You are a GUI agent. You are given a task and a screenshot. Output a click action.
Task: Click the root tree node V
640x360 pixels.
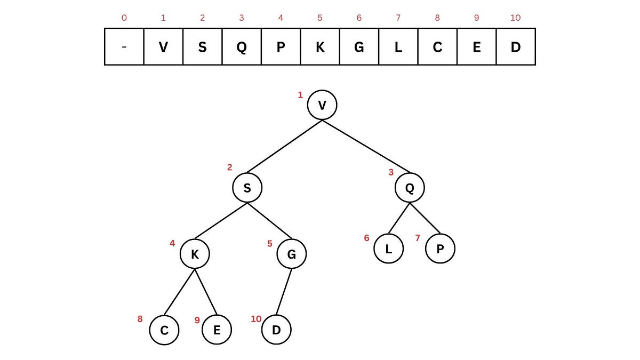pyautogui.click(x=322, y=105)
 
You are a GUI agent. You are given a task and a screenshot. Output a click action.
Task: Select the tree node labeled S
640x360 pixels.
pyautogui.click(x=247, y=188)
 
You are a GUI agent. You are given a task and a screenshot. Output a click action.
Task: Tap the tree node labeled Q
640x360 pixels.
pyautogui.click(x=410, y=188)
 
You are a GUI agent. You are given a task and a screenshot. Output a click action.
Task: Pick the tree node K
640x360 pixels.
pyautogui.click(x=195, y=254)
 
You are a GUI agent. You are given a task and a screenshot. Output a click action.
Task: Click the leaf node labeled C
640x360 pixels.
pyautogui.click(x=164, y=330)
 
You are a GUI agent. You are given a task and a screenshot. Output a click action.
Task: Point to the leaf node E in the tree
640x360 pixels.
pyautogui.click(x=217, y=330)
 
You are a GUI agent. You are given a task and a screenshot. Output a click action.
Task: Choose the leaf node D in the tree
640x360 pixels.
pyautogui.click(x=276, y=330)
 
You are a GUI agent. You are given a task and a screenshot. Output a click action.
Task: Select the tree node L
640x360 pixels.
pyautogui.click(x=389, y=249)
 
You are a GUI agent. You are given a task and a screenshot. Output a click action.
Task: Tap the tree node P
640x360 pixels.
pyautogui.click(x=440, y=249)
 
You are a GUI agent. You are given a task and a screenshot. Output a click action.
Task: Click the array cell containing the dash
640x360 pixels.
pyautogui.click(x=124, y=46)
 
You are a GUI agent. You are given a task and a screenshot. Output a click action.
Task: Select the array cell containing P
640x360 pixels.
pyautogui.click(x=281, y=46)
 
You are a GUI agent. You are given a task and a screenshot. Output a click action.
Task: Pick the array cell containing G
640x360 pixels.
pyautogui.click(x=359, y=46)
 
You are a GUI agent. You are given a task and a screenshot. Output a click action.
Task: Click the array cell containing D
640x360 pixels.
pyautogui.click(x=516, y=46)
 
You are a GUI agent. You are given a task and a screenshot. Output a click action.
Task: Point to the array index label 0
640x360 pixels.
pyautogui.click(x=124, y=18)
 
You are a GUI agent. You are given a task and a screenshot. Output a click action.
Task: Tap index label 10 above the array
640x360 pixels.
pyautogui.click(x=515, y=18)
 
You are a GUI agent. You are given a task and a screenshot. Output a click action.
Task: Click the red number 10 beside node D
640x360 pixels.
pyautogui.click(x=256, y=319)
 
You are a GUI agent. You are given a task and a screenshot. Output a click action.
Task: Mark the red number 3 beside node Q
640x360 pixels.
pyautogui.click(x=391, y=172)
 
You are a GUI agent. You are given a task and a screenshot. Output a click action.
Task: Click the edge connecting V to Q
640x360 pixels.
pyautogui.click(x=366, y=146)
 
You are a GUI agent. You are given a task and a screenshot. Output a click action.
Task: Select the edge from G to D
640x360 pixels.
pyautogui.click(x=284, y=292)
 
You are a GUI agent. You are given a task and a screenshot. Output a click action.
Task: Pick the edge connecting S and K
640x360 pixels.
pyautogui.click(x=221, y=221)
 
